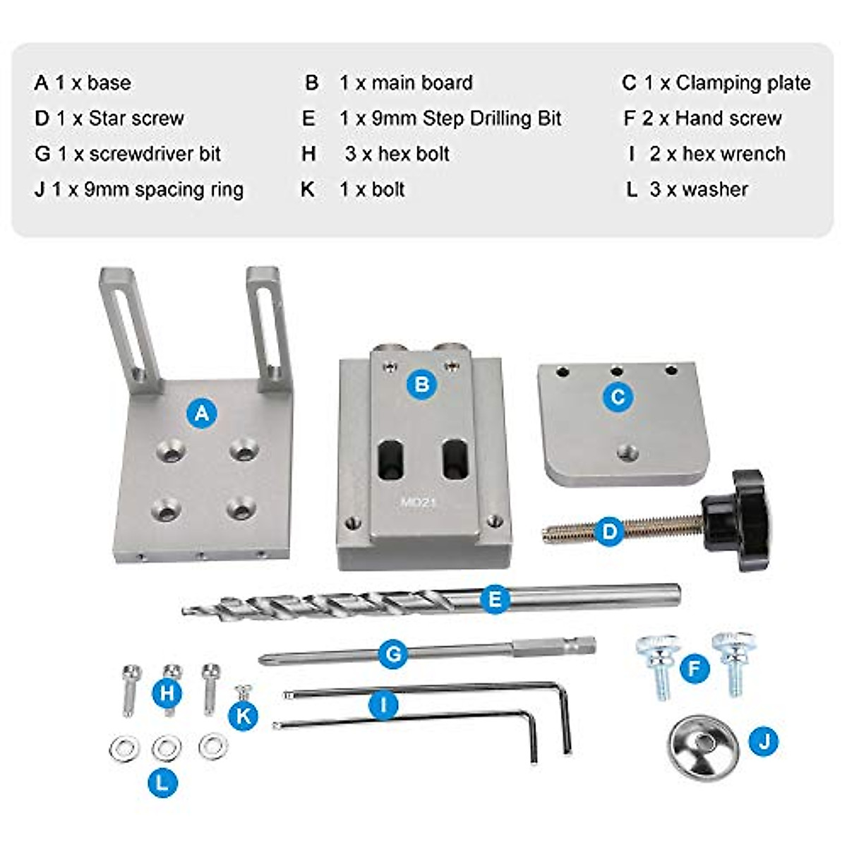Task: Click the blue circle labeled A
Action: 202,412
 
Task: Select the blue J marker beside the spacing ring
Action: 764,742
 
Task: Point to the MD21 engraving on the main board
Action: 420,503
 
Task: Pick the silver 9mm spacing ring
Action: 702,747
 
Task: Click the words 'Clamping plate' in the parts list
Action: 743,83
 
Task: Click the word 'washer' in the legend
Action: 715,189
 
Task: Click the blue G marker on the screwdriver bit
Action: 393,654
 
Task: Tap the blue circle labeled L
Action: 163,782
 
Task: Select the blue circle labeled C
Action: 618,397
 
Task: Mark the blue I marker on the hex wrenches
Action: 383,704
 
